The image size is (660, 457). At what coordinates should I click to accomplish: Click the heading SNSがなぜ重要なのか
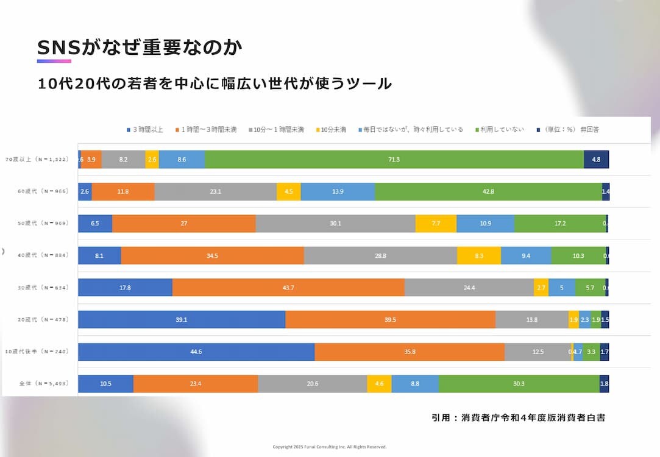[x=140, y=48]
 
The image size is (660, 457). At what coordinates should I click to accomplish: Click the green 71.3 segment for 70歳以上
[x=394, y=159]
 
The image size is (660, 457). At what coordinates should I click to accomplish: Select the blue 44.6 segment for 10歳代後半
[x=196, y=352]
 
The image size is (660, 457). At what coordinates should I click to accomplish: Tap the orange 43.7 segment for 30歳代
[x=288, y=288]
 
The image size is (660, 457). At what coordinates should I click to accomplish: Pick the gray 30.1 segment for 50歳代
[x=335, y=224]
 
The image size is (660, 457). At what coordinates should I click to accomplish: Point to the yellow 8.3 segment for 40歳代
[x=478, y=256]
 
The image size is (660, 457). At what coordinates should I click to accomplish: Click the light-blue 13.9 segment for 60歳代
[x=338, y=191]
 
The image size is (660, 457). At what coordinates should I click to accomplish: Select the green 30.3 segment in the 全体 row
[x=519, y=384]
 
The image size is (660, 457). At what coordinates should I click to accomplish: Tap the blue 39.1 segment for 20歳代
[x=182, y=320]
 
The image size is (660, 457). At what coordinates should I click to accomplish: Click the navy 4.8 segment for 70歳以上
[x=596, y=159]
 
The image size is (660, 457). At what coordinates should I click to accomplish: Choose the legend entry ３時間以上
[x=144, y=129]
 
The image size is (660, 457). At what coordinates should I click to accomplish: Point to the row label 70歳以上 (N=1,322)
[x=39, y=159]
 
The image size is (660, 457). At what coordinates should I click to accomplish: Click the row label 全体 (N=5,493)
[x=39, y=384]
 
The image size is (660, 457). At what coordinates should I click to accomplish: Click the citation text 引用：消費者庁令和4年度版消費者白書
[x=518, y=418]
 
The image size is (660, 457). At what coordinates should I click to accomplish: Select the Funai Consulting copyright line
[x=329, y=447]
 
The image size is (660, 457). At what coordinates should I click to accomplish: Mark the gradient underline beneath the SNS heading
[x=54, y=61]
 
